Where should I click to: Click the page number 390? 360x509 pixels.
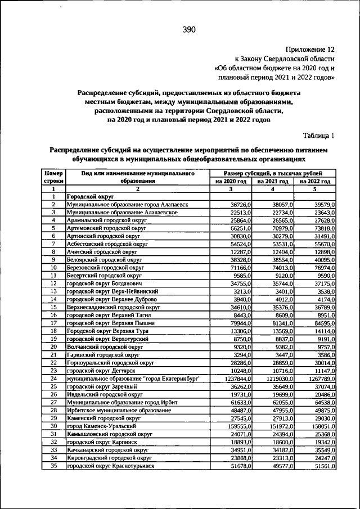point(188,30)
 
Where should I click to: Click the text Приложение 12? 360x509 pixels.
point(310,49)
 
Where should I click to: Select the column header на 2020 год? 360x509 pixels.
point(231,182)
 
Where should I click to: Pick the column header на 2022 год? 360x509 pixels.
point(315,182)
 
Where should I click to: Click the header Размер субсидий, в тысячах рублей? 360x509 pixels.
point(273,174)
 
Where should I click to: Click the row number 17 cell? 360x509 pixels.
point(53,323)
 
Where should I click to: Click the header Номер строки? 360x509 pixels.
point(53,178)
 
